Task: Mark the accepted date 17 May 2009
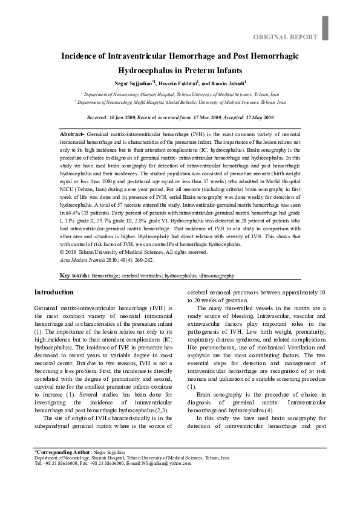point(257,117)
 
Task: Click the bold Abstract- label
point(73,132)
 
